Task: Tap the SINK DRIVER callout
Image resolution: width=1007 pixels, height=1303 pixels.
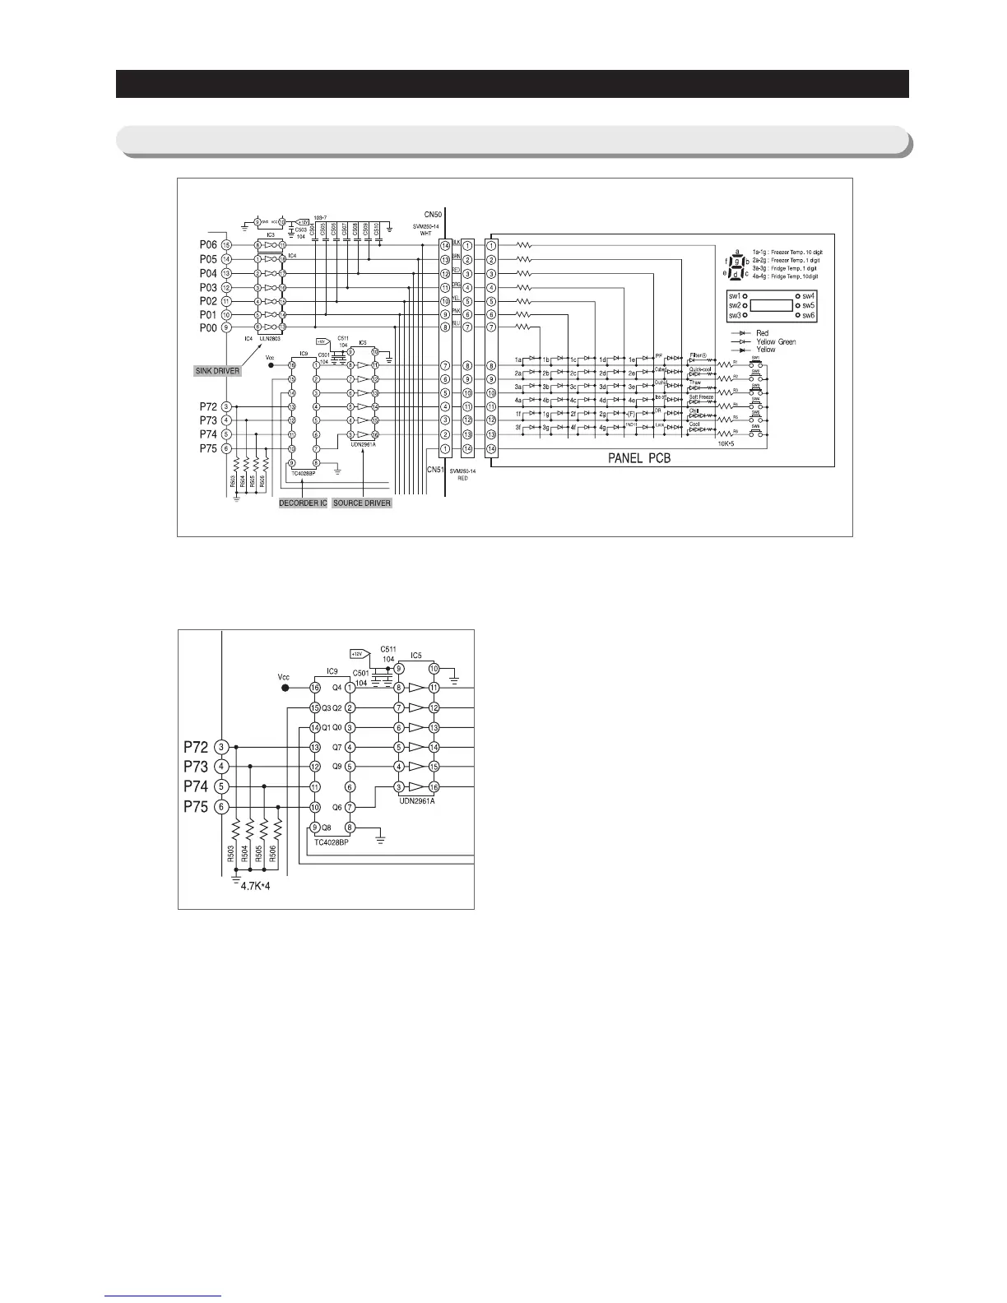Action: [218, 371]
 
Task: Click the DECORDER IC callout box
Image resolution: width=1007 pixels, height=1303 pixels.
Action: [303, 503]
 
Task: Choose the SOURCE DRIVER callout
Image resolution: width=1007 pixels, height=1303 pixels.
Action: [362, 503]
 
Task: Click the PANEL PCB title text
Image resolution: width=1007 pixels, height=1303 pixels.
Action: [639, 458]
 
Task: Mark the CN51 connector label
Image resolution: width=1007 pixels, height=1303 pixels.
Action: [435, 469]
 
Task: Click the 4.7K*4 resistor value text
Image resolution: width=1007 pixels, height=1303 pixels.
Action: [255, 886]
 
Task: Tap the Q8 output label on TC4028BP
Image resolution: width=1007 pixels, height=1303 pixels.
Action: [327, 828]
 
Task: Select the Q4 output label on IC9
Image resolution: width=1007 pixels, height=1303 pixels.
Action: [336, 688]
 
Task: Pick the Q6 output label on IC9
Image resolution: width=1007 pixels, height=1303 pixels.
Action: [336, 808]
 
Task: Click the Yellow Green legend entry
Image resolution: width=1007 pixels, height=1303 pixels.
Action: [776, 341]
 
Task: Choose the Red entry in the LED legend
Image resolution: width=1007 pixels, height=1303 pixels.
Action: [763, 333]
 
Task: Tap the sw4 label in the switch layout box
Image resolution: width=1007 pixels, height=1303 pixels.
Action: [809, 295]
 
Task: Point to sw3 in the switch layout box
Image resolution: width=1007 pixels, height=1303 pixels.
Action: [735, 315]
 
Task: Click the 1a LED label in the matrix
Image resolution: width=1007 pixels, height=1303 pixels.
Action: [519, 359]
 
